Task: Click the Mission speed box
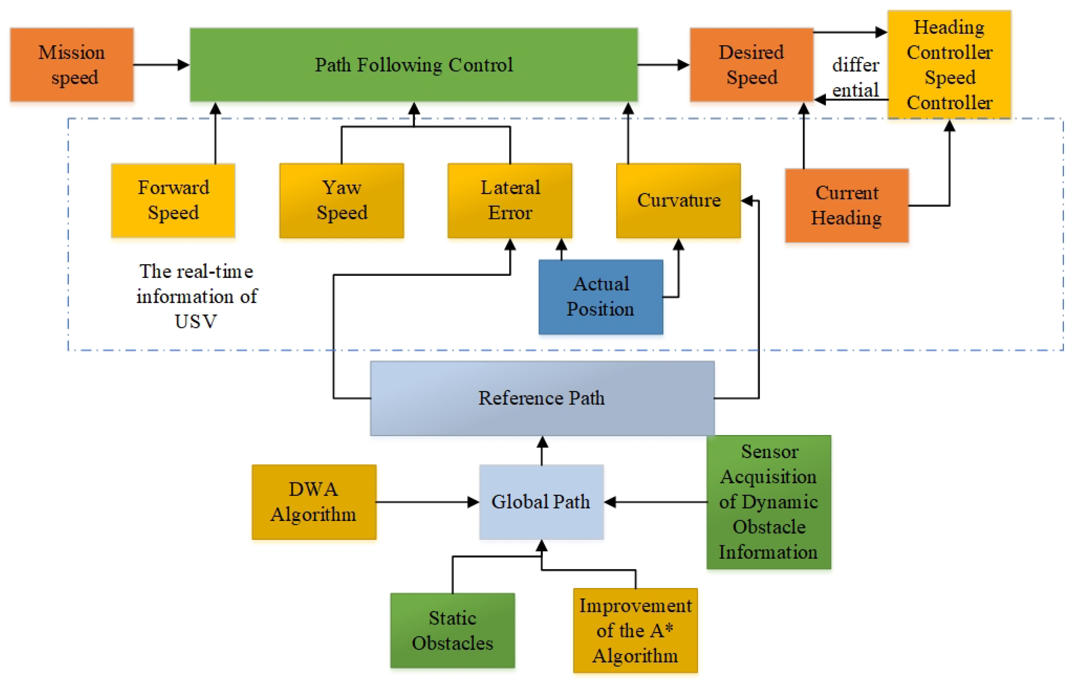72,65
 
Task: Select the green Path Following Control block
414,65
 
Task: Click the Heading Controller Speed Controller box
949,65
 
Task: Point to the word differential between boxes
855,78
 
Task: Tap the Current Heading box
847,205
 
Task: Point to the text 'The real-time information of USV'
197,296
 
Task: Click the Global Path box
541,502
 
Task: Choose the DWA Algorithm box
314,502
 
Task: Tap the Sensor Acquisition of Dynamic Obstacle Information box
769,502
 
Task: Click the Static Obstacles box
452,630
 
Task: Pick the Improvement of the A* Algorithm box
635,630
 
